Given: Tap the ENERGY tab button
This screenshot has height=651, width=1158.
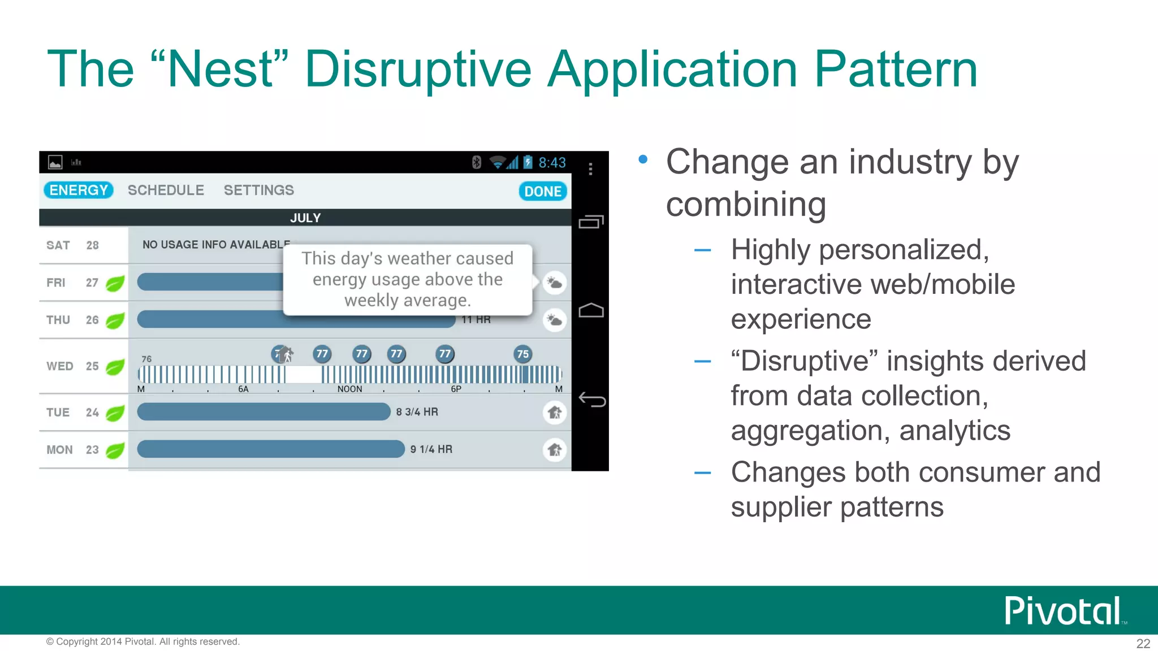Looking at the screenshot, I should (x=78, y=190).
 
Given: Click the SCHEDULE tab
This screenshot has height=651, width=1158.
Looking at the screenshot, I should (x=166, y=190).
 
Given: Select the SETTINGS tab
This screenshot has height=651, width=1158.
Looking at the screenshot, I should (x=258, y=190).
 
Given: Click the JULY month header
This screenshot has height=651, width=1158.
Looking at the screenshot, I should (x=305, y=218).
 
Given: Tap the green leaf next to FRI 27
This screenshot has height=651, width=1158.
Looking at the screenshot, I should (x=115, y=283).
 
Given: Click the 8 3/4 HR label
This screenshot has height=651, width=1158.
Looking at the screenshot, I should (x=417, y=412).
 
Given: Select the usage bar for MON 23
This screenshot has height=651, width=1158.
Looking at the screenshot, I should (x=270, y=449).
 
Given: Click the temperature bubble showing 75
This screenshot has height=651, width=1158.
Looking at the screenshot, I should (x=522, y=354).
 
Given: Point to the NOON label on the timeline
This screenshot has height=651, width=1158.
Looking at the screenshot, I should (x=349, y=389).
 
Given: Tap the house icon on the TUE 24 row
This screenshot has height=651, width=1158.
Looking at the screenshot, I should (x=555, y=413).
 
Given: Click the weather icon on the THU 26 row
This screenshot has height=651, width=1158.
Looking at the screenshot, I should (x=555, y=320).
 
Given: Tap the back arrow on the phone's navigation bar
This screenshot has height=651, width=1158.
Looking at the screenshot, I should (x=591, y=400).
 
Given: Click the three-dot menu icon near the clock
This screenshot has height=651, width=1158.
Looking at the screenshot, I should (x=590, y=169).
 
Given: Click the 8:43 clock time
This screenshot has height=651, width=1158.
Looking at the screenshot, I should (x=552, y=163).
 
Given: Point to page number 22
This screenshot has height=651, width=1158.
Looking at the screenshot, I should (x=1143, y=644).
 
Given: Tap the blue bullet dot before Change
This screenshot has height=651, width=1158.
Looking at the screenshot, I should (x=643, y=160).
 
